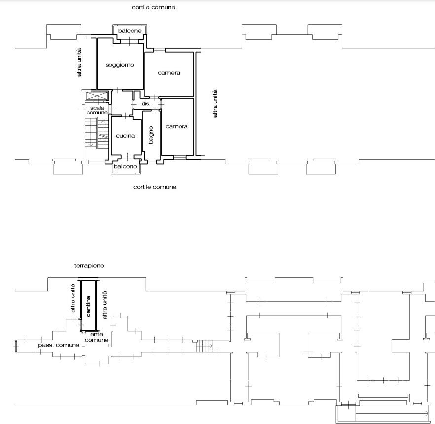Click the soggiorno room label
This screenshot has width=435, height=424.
click(119, 65)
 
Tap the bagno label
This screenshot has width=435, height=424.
click(151, 135)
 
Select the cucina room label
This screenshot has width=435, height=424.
click(125, 136)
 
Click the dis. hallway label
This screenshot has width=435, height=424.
click(146, 104)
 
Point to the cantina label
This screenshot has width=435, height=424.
click(88, 306)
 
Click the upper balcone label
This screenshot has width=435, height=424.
click(130, 31)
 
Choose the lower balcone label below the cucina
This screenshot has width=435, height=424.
click(125, 166)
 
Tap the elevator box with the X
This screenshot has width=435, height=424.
click(97, 96)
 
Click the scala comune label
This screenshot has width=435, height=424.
click(97, 110)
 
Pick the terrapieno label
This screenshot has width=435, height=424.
click(89, 266)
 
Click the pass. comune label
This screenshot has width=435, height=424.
click(59, 345)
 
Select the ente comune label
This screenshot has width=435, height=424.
click(97, 337)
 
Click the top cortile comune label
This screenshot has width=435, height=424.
click(153, 8)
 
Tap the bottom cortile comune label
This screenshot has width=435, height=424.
click(155, 187)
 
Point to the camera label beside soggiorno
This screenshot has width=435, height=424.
click(169, 73)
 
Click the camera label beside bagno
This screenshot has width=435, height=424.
click(177, 126)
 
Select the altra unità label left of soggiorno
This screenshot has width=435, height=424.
click(79, 63)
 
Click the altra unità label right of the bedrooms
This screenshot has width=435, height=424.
click(215, 104)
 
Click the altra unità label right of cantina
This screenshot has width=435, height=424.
click(105, 305)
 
